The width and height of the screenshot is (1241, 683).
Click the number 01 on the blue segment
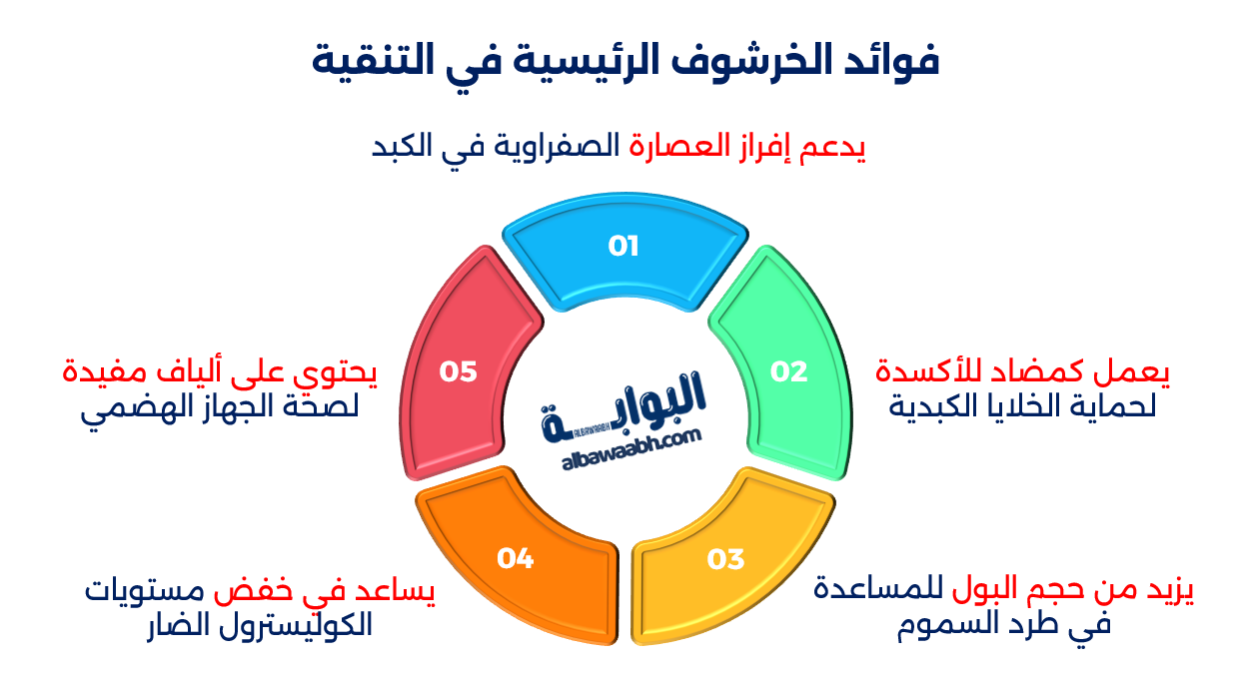(x=623, y=246)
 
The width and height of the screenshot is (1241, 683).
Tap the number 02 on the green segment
(x=788, y=371)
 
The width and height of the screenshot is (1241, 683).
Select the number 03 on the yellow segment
(x=726, y=559)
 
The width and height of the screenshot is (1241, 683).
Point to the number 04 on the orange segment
(x=516, y=559)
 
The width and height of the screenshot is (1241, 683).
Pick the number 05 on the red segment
(x=459, y=371)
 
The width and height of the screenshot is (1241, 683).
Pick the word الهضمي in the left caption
(x=126, y=410)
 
